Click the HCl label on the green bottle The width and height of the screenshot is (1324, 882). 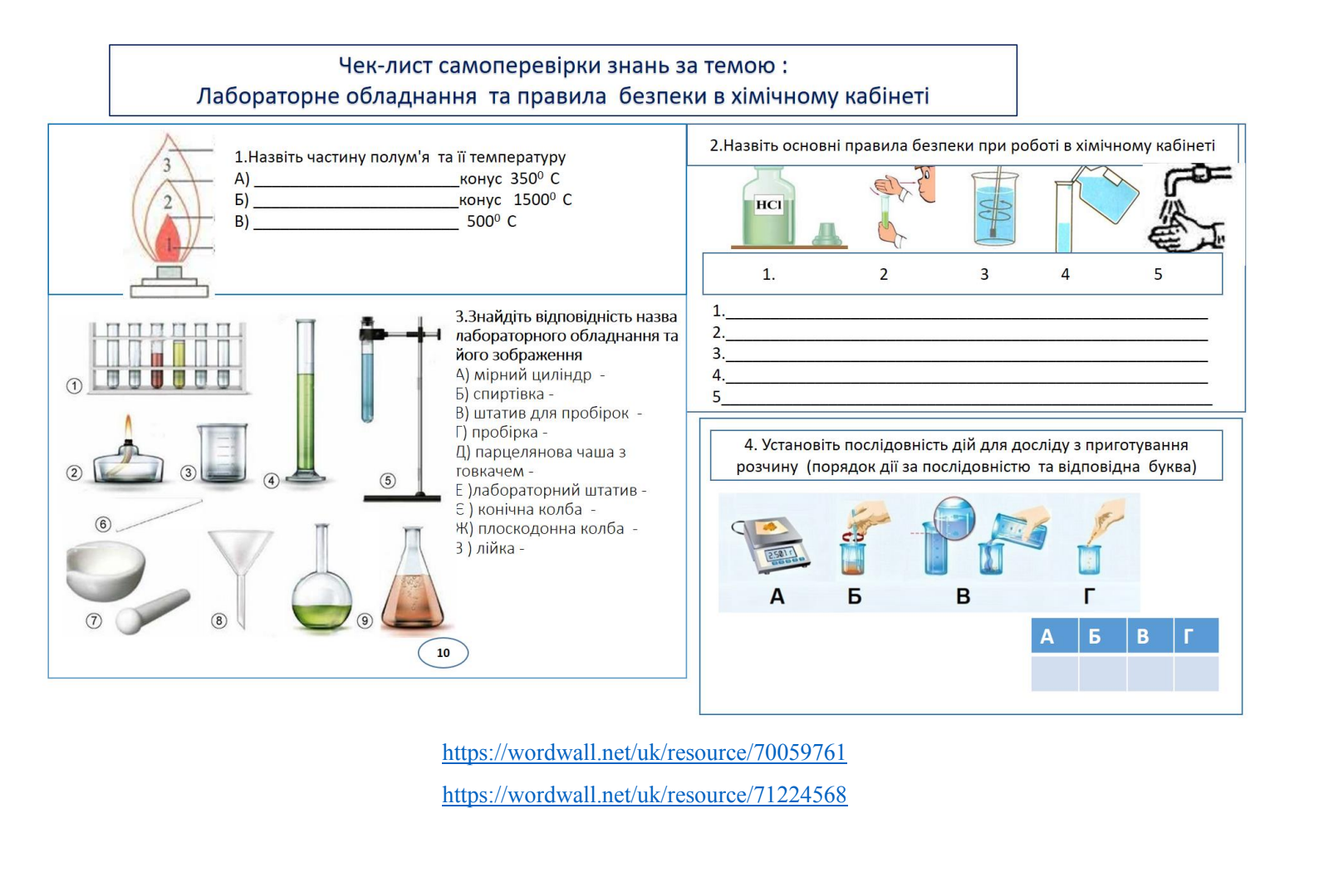[768, 205]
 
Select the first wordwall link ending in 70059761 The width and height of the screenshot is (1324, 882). [645, 752]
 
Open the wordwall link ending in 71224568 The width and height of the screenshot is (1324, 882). [645, 795]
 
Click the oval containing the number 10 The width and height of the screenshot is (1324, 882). [444, 653]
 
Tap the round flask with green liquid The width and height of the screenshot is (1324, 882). [322, 581]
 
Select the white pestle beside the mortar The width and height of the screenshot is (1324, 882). [153, 611]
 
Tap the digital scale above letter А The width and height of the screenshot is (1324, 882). [771, 545]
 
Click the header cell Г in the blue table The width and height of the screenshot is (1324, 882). [1196, 636]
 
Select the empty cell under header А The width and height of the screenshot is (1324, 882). [1055, 674]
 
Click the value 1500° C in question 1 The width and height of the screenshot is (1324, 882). [542, 199]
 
